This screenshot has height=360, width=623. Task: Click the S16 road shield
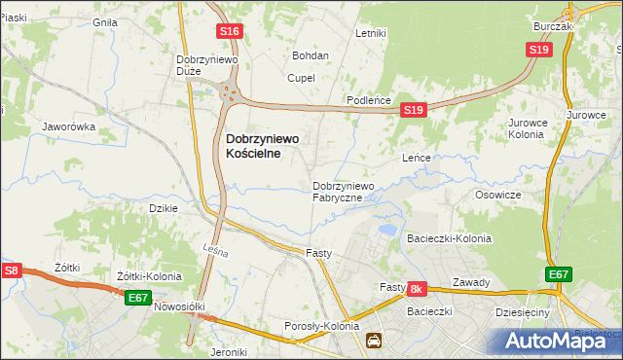pos(229,32)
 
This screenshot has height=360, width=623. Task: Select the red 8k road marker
pos(417,289)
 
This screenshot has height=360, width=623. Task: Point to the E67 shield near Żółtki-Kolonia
pos(138,298)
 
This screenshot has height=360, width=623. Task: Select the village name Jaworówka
pos(68,126)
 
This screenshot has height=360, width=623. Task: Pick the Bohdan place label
pos(311,55)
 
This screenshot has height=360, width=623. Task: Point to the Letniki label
pos(371,33)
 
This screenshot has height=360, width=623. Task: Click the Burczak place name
pos(553,27)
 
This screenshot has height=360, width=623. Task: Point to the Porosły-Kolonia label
pos(321,326)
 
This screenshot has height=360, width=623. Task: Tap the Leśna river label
pos(216,252)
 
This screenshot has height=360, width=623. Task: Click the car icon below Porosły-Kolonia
pos(374,341)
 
